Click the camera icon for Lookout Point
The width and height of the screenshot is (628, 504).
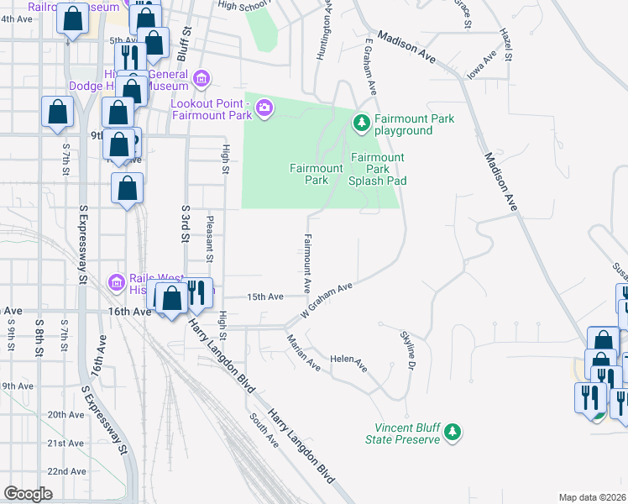pyautogui.click(x=265, y=108)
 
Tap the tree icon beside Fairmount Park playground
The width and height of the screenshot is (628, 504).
pyautogui.click(x=362, y=124)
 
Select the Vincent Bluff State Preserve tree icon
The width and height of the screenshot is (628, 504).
pyautogui.click(x=453, y=432)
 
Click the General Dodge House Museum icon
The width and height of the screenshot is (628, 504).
pyautogui.click(x=201, y=80)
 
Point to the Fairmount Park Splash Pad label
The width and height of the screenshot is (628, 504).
pyautogui.click(x=378, y=169)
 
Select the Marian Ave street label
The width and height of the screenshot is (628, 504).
pyautogui.click(x=303, y=353)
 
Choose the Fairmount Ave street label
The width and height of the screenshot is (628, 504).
pyautogui.click(x=307, y=257)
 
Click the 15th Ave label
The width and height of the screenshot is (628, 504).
pyautogui.click(x=265, y=297)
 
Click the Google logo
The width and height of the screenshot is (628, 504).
pyautogui.click(x=28, y=493)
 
